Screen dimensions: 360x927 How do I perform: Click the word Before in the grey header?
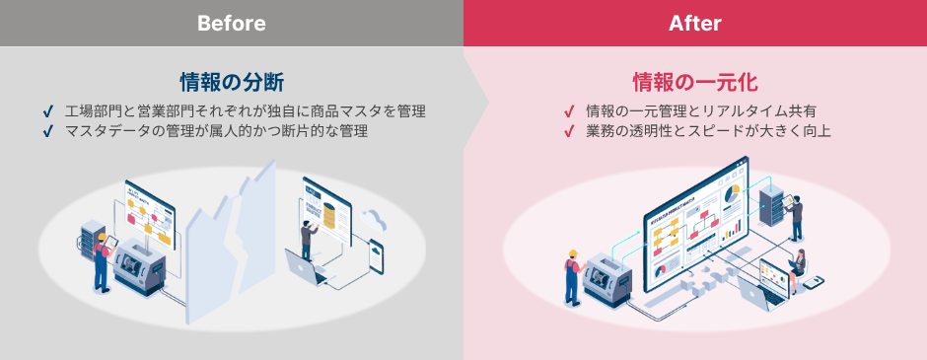(x=232, y=23)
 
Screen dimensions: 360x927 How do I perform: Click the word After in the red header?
(x=695, y=23)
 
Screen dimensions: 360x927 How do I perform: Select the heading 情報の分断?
(x=232, y=80)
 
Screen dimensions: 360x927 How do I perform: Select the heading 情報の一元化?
(x=694, y=80)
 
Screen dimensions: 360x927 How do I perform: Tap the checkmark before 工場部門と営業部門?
(x=48, y=110)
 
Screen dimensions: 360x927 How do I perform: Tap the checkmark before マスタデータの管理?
(x=48, y=130)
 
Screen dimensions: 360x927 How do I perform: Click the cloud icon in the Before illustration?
(x=374, y=219)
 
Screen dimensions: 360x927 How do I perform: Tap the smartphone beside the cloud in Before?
(x=378, y=258)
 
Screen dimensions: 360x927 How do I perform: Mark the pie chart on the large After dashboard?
(x=732, y=195)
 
